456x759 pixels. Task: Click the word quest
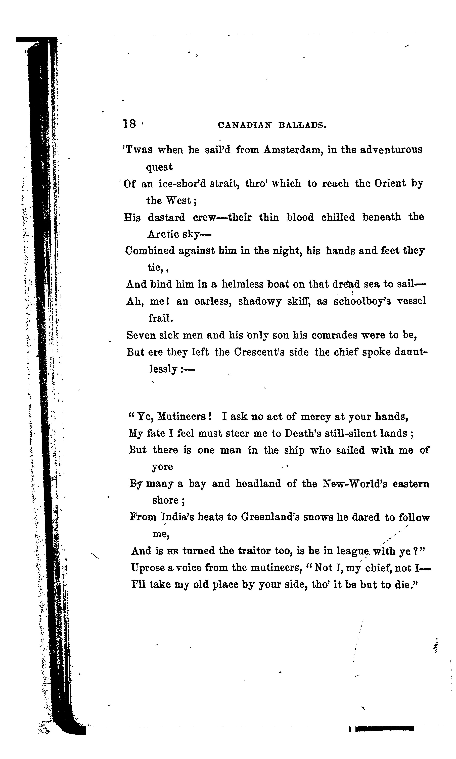pyautogui.click(x=159, y=167)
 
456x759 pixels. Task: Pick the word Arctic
pyautogui.click(x=163, y=234)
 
